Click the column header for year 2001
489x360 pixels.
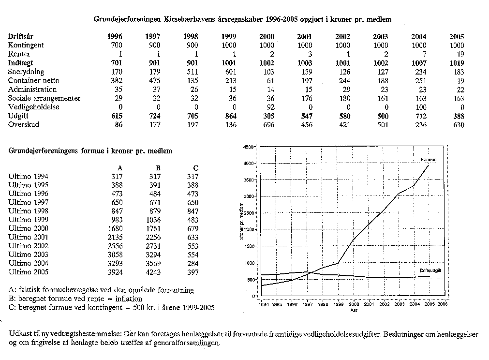305,37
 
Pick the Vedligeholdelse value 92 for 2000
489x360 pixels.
269,107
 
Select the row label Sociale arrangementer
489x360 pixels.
44,98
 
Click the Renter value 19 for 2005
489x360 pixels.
459,54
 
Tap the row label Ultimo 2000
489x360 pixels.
29,228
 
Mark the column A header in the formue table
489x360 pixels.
120,168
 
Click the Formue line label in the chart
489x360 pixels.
429,159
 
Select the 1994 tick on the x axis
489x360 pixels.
263,305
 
